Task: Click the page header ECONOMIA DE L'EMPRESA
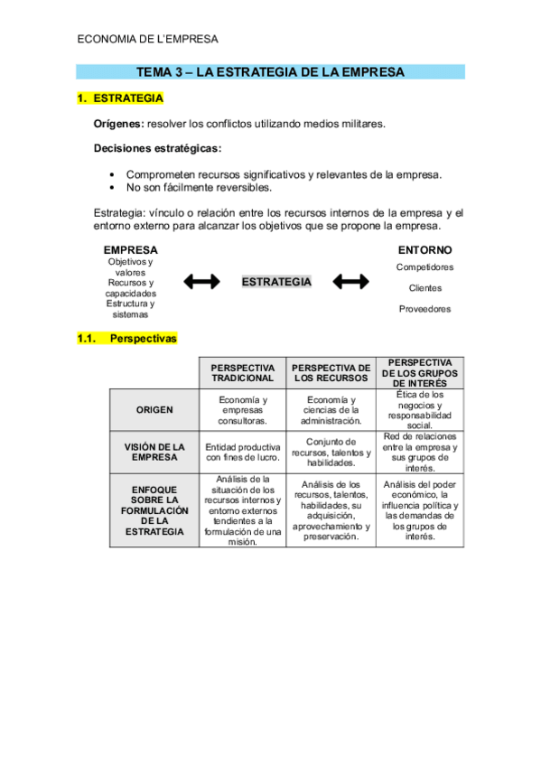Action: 148,39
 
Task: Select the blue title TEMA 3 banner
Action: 270,72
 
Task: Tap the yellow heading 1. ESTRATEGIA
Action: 120,98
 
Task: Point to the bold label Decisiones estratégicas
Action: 157,148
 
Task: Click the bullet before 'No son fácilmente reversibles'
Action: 112,188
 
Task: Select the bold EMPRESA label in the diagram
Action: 130,249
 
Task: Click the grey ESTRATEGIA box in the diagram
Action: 276,282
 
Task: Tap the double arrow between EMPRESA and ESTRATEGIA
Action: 201,282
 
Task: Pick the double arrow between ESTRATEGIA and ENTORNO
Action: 350,282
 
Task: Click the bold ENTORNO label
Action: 425,249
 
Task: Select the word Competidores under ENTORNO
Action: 424,267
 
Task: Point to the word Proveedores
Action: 424,309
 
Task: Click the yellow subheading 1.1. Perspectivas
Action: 127,340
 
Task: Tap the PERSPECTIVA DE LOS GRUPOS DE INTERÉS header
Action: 420,372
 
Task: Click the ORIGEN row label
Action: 154,409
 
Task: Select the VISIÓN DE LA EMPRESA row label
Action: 154,452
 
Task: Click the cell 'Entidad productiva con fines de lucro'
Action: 243,452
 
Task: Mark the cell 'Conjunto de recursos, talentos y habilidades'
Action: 331,452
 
